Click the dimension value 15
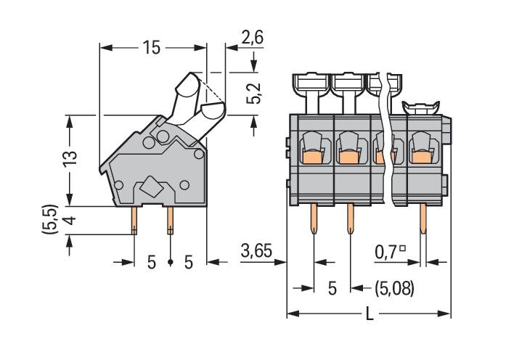151,49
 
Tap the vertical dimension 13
68,160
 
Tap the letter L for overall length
369,314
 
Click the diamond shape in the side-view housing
152,187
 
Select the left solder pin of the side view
134,221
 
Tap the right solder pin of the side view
170,221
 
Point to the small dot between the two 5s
170,262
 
